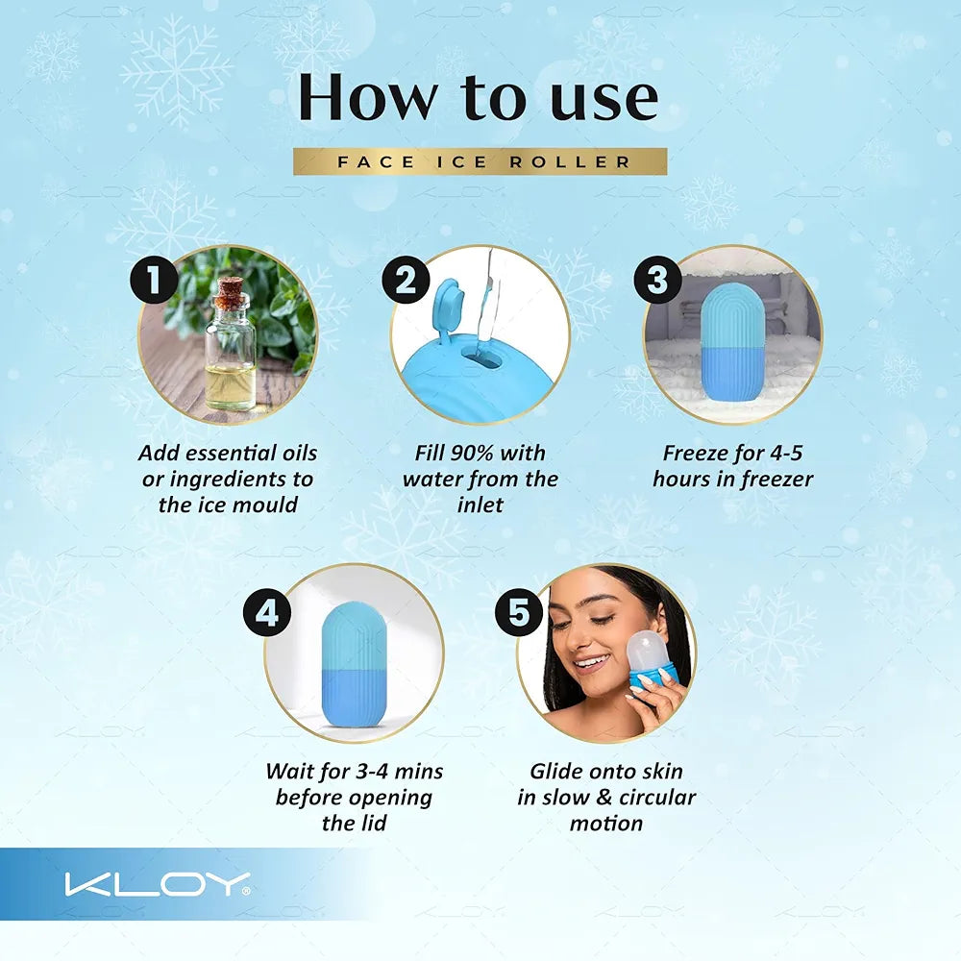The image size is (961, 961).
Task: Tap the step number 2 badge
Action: tap(406, 281)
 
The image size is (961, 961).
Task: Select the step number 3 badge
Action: tap(657, 281)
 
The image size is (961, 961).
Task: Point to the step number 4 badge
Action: tap(266, 612)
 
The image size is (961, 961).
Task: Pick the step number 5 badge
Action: tap(519, 612)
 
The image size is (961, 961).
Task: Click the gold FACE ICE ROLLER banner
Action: tap(480, 161)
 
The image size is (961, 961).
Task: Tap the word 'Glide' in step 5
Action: tap(559, 772)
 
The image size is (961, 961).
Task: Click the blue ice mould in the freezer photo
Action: tap(732, 340)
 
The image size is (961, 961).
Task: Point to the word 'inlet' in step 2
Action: tap(480, 505)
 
